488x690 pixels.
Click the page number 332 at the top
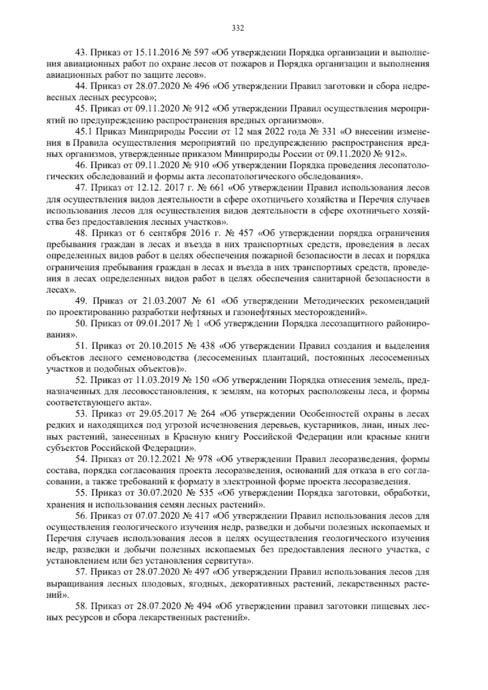point(237,28)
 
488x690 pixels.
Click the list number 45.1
point(84,132)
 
